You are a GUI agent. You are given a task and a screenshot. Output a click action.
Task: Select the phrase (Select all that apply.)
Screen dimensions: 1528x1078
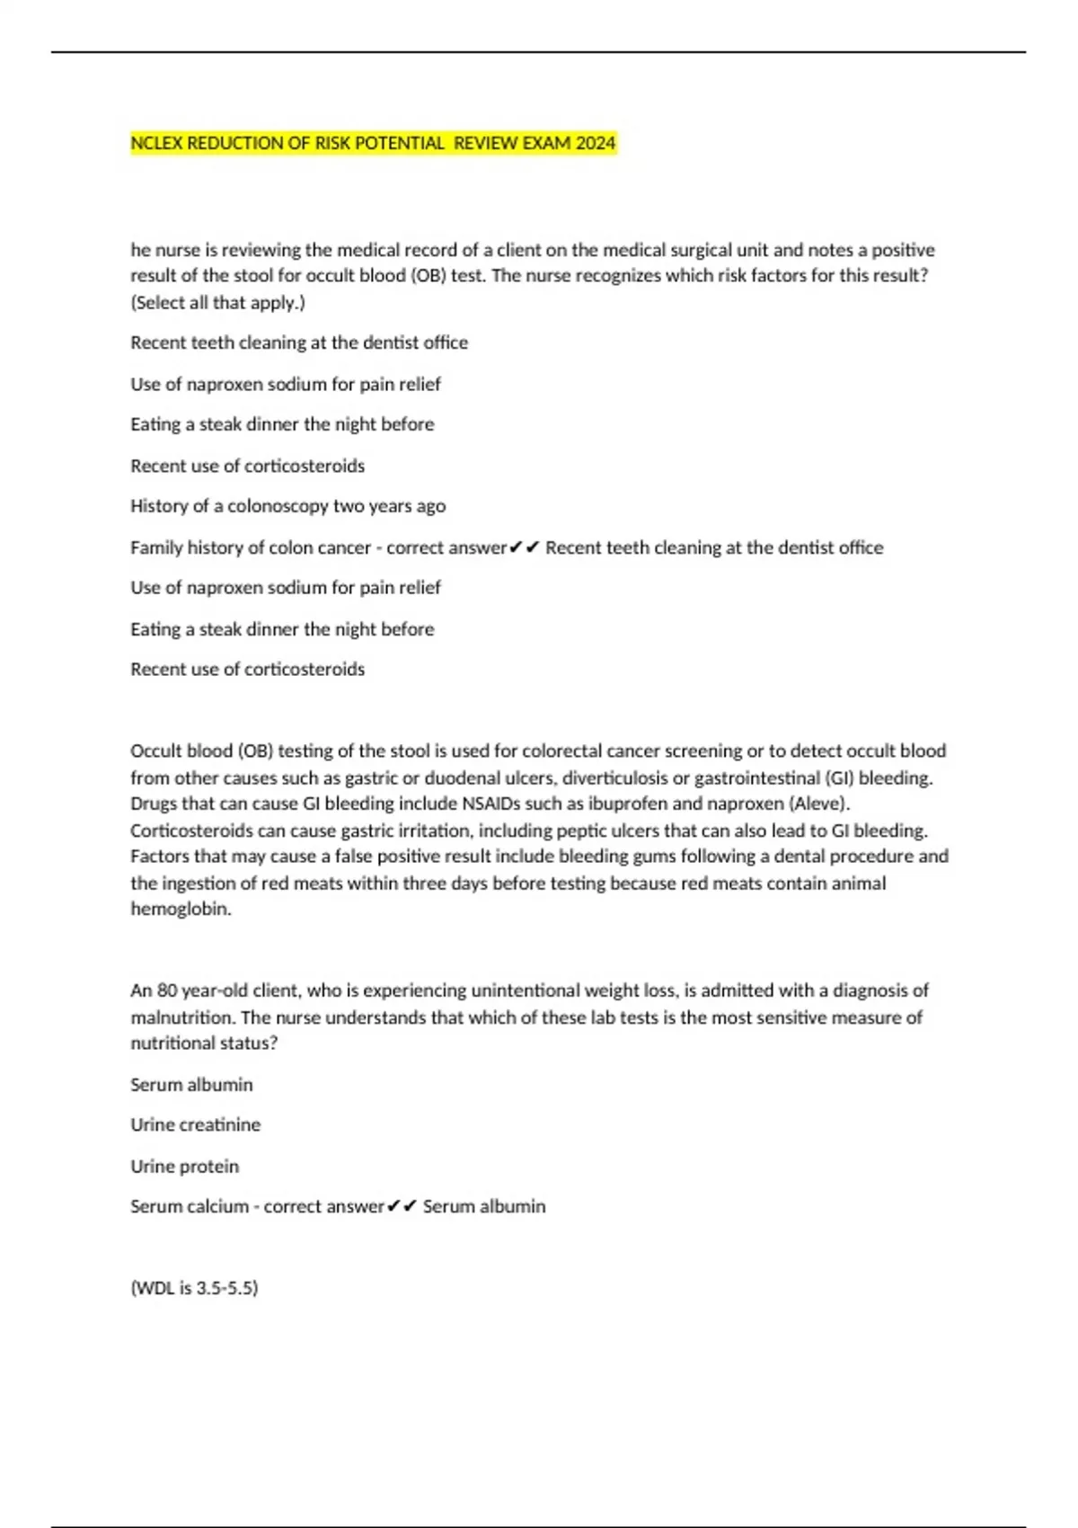click(x=218, y=303)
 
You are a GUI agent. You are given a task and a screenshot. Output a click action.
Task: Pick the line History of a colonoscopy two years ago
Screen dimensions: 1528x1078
click(x=287, y=506)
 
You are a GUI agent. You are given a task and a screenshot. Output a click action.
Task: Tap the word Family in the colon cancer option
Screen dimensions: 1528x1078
click(x=155, y=547)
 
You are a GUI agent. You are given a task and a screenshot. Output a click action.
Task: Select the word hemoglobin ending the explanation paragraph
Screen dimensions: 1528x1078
click(x=180, y=909)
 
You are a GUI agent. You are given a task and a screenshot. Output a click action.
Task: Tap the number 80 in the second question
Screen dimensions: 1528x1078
click(x=167, y=991)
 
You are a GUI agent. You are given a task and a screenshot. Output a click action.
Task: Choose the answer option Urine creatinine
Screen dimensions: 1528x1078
click(x=195, y=1125)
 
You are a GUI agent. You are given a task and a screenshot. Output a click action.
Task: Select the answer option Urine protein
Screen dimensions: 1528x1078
click(x=184, y=1167)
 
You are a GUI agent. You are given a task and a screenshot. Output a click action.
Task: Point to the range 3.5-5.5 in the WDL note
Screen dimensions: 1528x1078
click(x=225, y=1288)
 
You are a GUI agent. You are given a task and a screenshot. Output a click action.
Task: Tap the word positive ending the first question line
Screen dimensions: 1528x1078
click(x=903, y=250)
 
